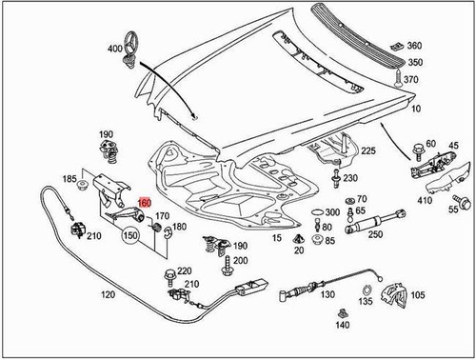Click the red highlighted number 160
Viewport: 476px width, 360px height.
tap(144, 202)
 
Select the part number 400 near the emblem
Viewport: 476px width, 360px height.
tap(115, 49)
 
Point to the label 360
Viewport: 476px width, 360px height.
tap(413, 46)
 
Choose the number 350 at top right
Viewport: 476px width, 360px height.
tap(413, 62)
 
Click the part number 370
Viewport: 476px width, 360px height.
tap(410, 82)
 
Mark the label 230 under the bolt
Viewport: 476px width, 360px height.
tap(351, 178)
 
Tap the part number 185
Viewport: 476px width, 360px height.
tap(69, 178)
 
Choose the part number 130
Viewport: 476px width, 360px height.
tap(328, 296)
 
